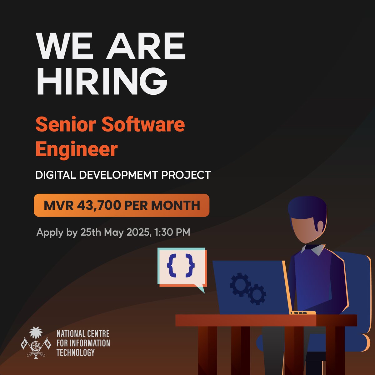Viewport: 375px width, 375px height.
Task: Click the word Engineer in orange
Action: click(76, 149)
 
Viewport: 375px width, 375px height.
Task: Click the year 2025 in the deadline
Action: click(136, 232)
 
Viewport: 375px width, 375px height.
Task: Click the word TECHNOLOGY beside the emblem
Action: click(75, 353)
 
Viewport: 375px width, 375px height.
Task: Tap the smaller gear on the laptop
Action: click(257, 294)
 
